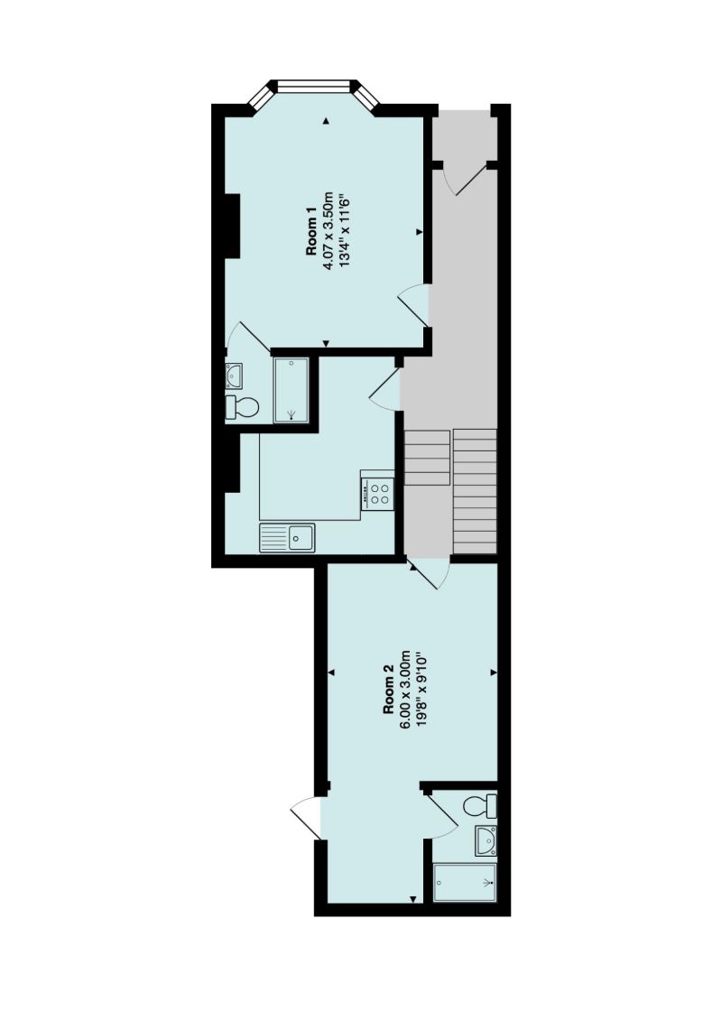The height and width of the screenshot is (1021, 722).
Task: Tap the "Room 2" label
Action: [389, 691]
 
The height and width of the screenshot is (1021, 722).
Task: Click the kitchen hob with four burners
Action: [378, 492]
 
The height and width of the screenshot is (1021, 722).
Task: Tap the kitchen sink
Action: [287, 539]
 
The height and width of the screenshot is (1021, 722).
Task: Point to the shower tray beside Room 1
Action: [292, 389]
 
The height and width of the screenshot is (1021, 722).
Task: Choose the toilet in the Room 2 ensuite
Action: [479, 804]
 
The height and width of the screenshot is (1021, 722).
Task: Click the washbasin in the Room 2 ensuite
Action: [486, 840]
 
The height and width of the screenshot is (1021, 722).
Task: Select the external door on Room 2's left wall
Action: [308, 818]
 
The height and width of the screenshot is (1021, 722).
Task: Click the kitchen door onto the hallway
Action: [386, 388]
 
